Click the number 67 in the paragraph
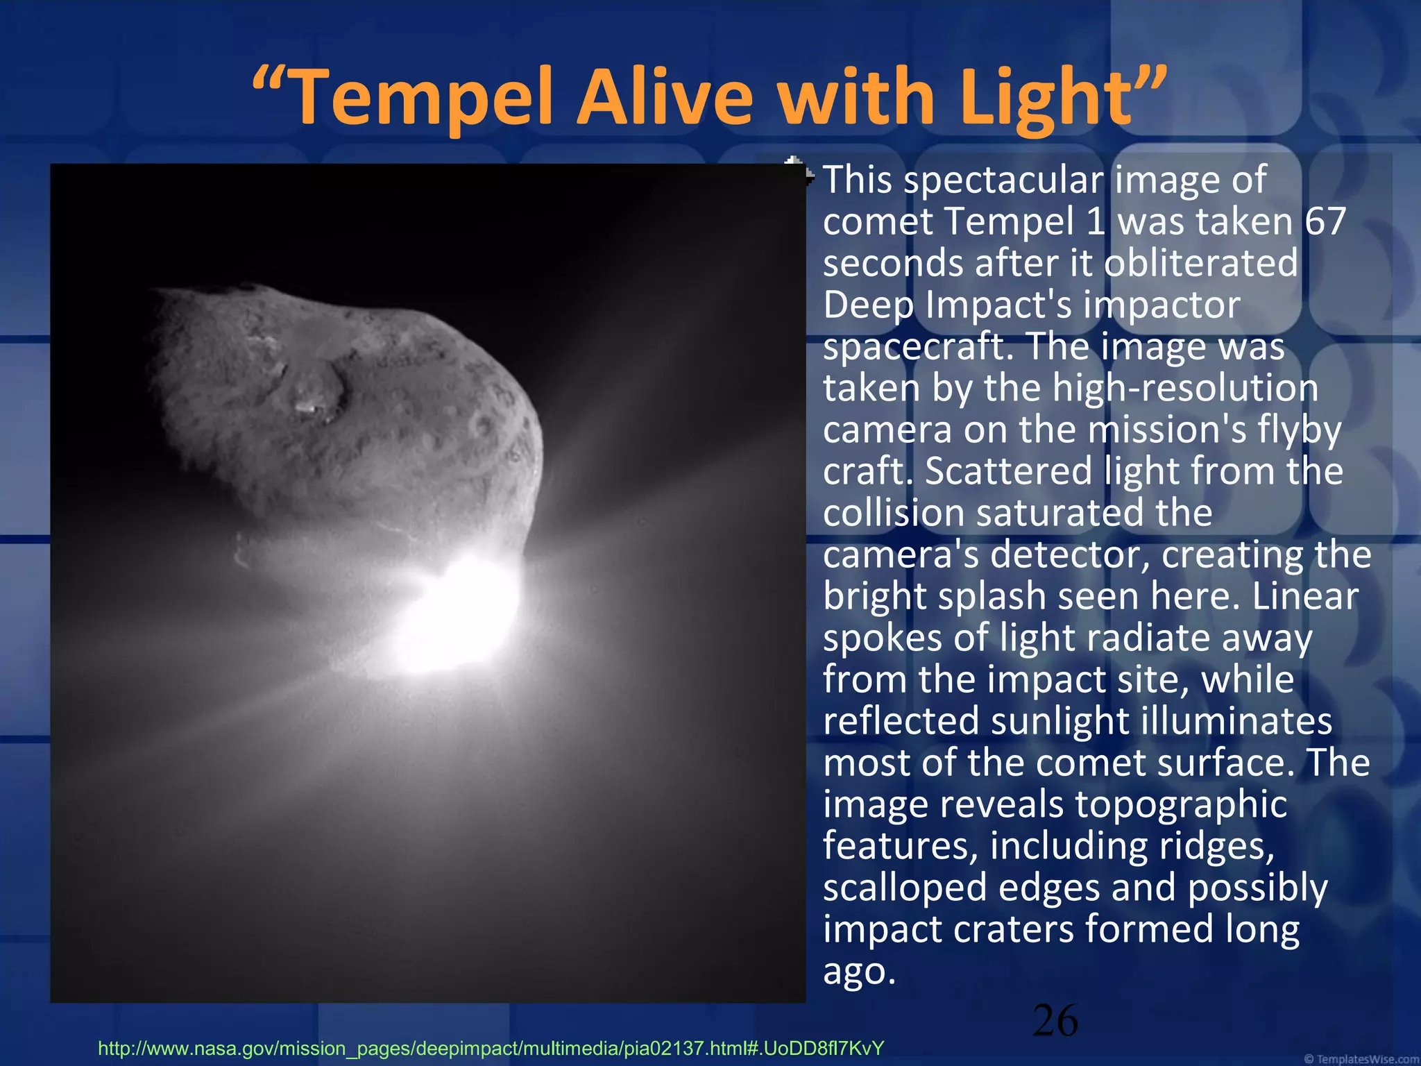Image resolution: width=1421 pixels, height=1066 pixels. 1325,221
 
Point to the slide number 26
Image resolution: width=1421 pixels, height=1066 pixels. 1055,1021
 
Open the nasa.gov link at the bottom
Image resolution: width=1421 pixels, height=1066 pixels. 491,1048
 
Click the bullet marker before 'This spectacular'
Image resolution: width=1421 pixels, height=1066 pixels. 798,173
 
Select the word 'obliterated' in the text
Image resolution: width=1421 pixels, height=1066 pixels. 1200,263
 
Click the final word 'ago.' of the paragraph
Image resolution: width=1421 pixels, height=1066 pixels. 859,971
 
